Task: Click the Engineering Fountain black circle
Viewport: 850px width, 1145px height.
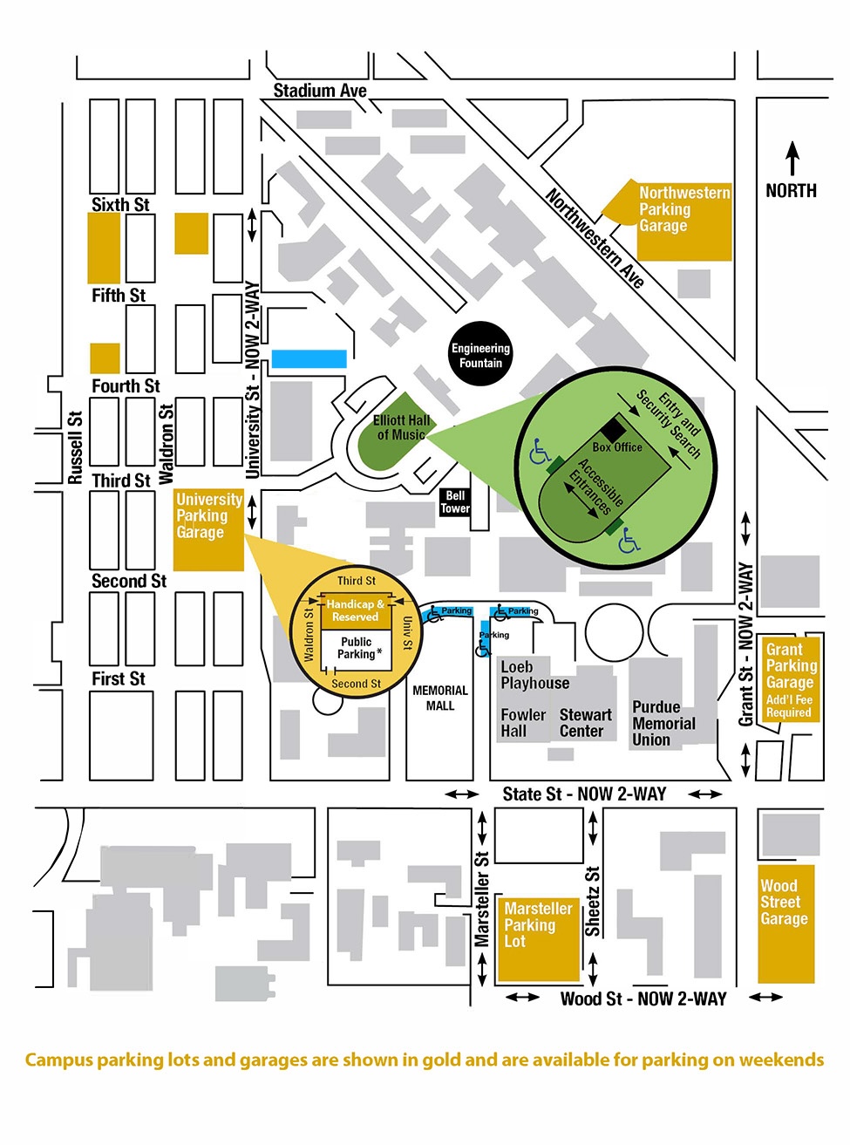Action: [x=480, y=355]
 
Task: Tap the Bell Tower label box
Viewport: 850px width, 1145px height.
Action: [x=455, y=502]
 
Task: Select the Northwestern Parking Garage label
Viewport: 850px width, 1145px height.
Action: [x=683, y=209]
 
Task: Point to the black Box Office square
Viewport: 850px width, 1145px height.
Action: [x=613, y=429]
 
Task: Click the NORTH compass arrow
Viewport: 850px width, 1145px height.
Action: [x=792, y=160]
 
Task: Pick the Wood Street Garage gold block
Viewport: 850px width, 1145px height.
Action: [x=785, y=924]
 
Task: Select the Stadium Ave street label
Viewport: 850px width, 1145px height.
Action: [x=320, y=91]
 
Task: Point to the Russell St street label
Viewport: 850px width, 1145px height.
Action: [x=75, y=447]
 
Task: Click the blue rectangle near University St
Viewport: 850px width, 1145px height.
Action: [x=309, y=358]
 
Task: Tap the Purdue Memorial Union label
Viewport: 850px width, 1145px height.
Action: [x=663, y=723]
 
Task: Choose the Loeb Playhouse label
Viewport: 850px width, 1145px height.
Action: [x=534, y=675]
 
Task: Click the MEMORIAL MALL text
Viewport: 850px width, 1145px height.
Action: [x=440, y=698]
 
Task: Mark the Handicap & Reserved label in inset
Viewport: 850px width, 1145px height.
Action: [x=355, y=610]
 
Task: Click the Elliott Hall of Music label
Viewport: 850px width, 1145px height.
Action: [x=401, y=427]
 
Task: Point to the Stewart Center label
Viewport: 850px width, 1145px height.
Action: [x=585, y=723]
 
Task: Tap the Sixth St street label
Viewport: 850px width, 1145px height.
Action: [x=120, y=205]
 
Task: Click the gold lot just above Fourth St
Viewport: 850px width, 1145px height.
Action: [x=105, y=358]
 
